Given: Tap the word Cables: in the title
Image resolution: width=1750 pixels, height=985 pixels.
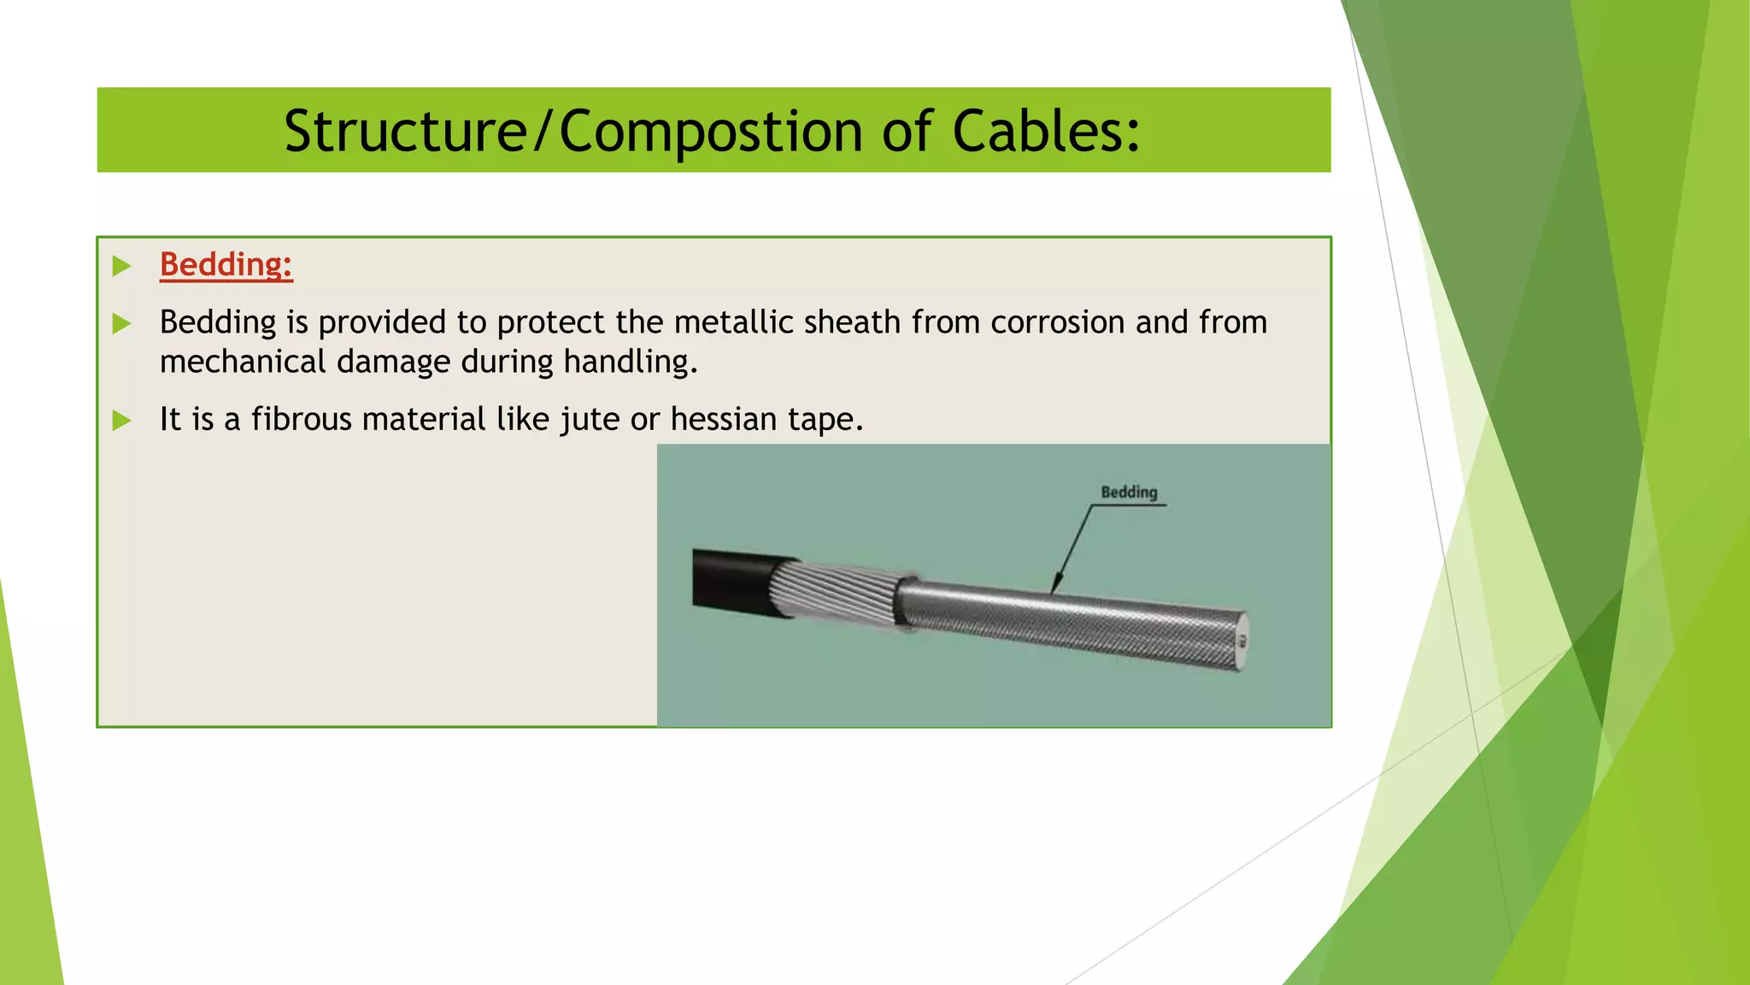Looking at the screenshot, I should [x=1046, y=132].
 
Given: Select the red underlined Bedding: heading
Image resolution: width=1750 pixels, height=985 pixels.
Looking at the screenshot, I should [x=226, y=264].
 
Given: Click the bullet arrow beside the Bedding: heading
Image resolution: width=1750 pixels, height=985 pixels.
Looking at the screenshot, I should [x=122, y=265].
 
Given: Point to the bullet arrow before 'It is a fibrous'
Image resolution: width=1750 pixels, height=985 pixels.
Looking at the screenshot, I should [x=122, y=420].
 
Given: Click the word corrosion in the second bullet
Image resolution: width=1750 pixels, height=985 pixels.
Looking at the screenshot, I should [x=1057, y=322].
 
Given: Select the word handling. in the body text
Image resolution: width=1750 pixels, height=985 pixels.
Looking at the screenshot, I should [x=631, y=362].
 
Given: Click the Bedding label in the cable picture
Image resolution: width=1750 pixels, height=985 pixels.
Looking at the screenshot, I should [x=1129, y=492].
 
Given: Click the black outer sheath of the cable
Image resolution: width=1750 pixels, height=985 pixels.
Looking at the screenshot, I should [x=731, y=580].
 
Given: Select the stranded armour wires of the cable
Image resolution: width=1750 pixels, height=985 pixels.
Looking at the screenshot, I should [x=833, y=592].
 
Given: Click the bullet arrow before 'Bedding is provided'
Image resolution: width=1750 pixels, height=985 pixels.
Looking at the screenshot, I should [x=122, y=323].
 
